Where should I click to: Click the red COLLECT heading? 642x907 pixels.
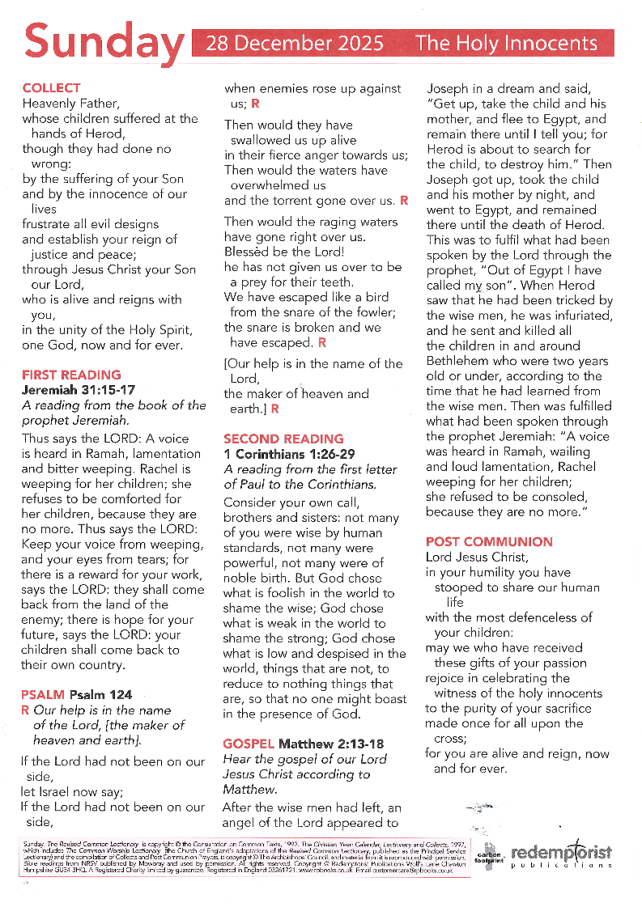(x=51, y=88)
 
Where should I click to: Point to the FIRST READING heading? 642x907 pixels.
(x=71, y=375)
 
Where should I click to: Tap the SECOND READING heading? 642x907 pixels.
(x=283, y=439)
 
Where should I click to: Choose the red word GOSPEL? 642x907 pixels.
(x=249, y=744)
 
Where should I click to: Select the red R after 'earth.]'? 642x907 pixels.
(x=274, y=409)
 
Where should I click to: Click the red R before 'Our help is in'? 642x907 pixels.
(x=24, y=710)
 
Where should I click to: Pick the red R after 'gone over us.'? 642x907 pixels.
(x=404, y=200)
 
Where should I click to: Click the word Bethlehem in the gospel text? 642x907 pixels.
(x=459, y=361)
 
